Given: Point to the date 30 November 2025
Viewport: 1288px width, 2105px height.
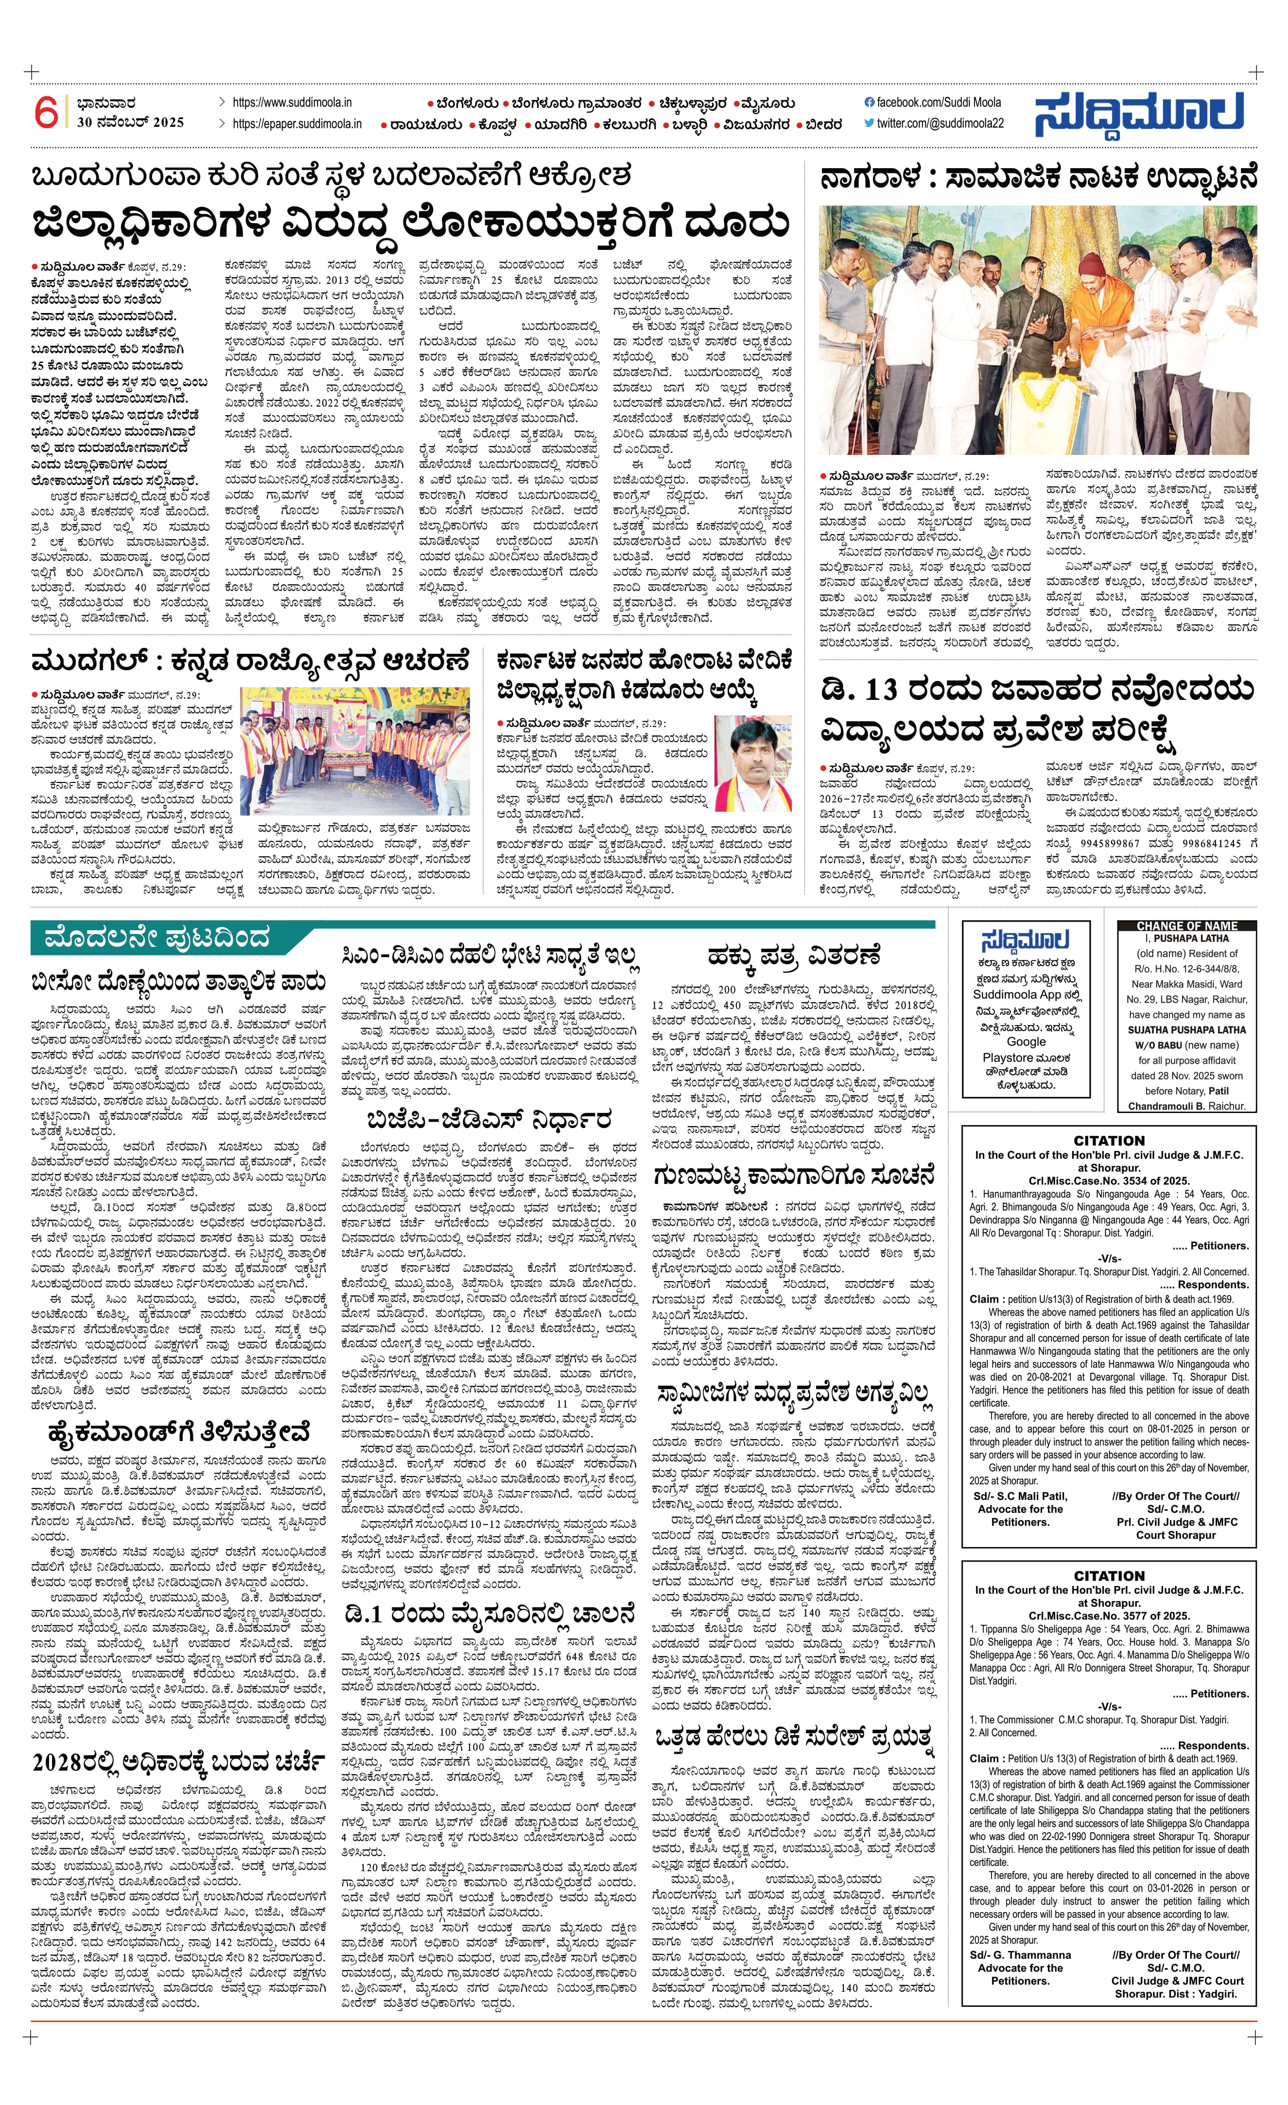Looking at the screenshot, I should coord(130,122).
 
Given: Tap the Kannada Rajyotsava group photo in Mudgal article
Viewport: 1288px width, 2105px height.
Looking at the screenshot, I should coord(355,750).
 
